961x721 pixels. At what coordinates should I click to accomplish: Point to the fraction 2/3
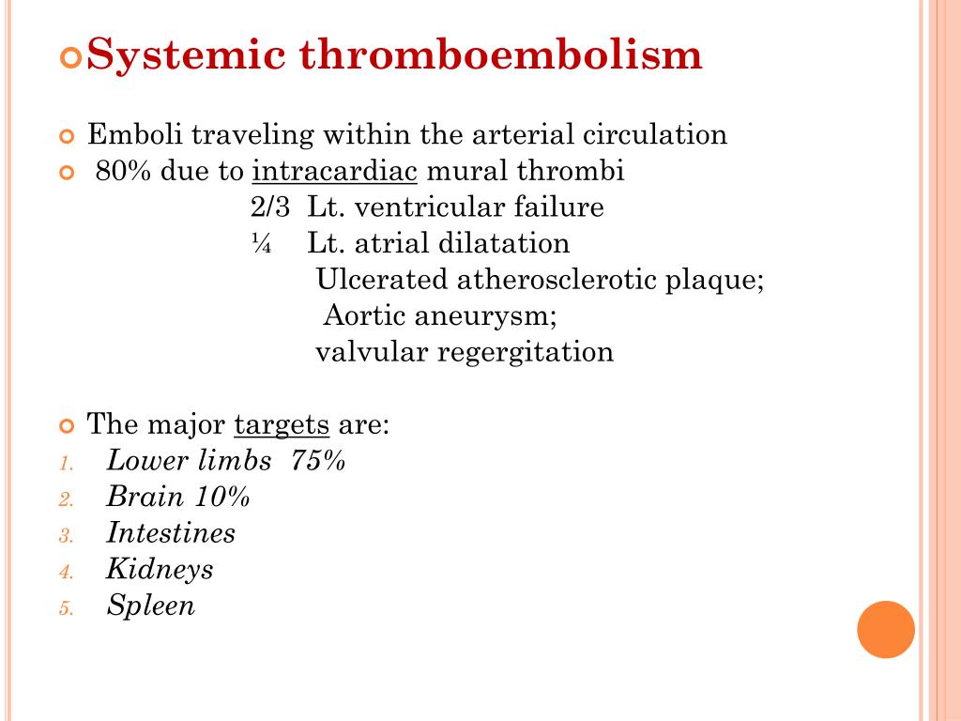[270, 207]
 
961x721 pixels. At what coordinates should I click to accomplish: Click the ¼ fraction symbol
[261, 244]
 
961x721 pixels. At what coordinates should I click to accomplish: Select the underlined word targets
[282, 424]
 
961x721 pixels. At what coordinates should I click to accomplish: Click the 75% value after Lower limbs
[318, 461]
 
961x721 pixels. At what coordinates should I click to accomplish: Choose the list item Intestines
[171, 533]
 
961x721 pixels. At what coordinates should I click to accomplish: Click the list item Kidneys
[160, 569]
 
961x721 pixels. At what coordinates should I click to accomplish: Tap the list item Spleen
[151, 606]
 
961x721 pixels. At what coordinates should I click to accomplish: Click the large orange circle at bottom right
[886, 629]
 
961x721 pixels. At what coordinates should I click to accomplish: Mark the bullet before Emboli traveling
[66, 137]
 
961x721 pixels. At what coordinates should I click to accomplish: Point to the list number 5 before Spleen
[65, 608]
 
